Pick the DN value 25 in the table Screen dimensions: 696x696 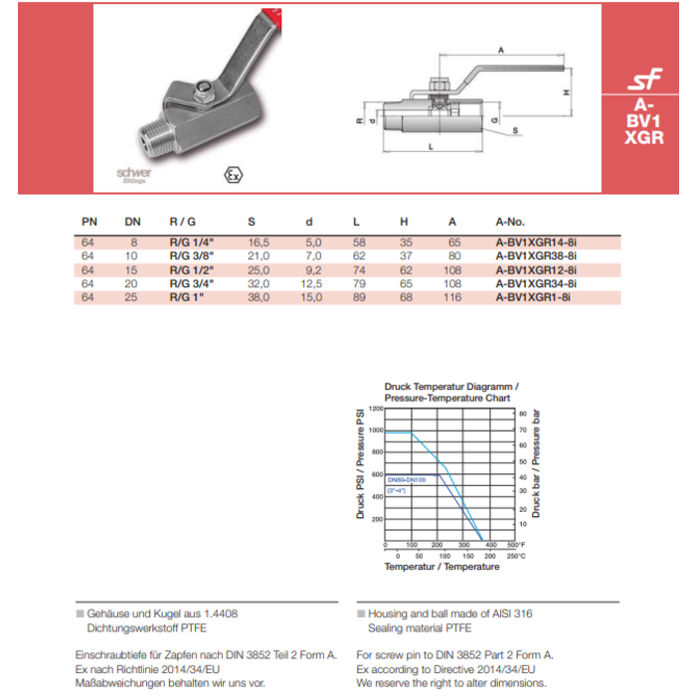pyautogui.click(x=132, y=297)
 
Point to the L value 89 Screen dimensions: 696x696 pyautogui.click(x=359, y=297)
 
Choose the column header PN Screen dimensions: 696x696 pyautogui.click(x=87, y=222)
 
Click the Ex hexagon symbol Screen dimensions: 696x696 pyautogui.click(x=234, y=175)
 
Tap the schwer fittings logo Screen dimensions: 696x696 pyautogui.click(x=133, y=175)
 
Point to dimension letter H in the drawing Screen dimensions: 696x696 pyautogui.click(x=565, y=91)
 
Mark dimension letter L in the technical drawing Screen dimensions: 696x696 pyautogui.click(x=430, y=146)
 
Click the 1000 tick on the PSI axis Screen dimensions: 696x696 pyautogui.click(x=375, y=430)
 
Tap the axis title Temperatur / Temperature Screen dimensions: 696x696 pyautogui.click(x=442, y=567)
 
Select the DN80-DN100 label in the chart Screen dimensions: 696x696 pyautogui.click(x=406, y=478)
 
